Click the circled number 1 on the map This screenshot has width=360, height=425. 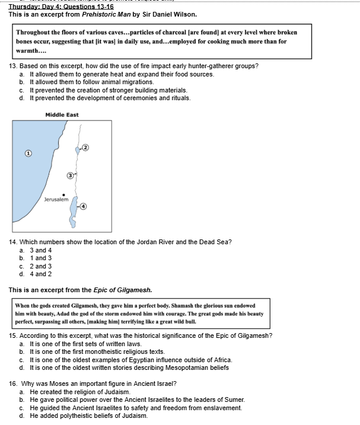point(27,153)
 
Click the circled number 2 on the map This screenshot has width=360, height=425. point(85,146)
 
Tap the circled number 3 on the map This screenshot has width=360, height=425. point(70,175)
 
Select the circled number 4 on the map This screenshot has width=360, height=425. point(83,206)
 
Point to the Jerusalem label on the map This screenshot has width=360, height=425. point(56,200)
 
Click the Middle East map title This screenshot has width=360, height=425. point(62,114)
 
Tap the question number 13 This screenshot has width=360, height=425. point(13,66)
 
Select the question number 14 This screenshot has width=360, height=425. point(13,242)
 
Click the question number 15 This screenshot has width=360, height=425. point(13,335)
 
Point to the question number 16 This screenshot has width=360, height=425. point(13,384)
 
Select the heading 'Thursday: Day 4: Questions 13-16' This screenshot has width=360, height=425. point(61,6)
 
